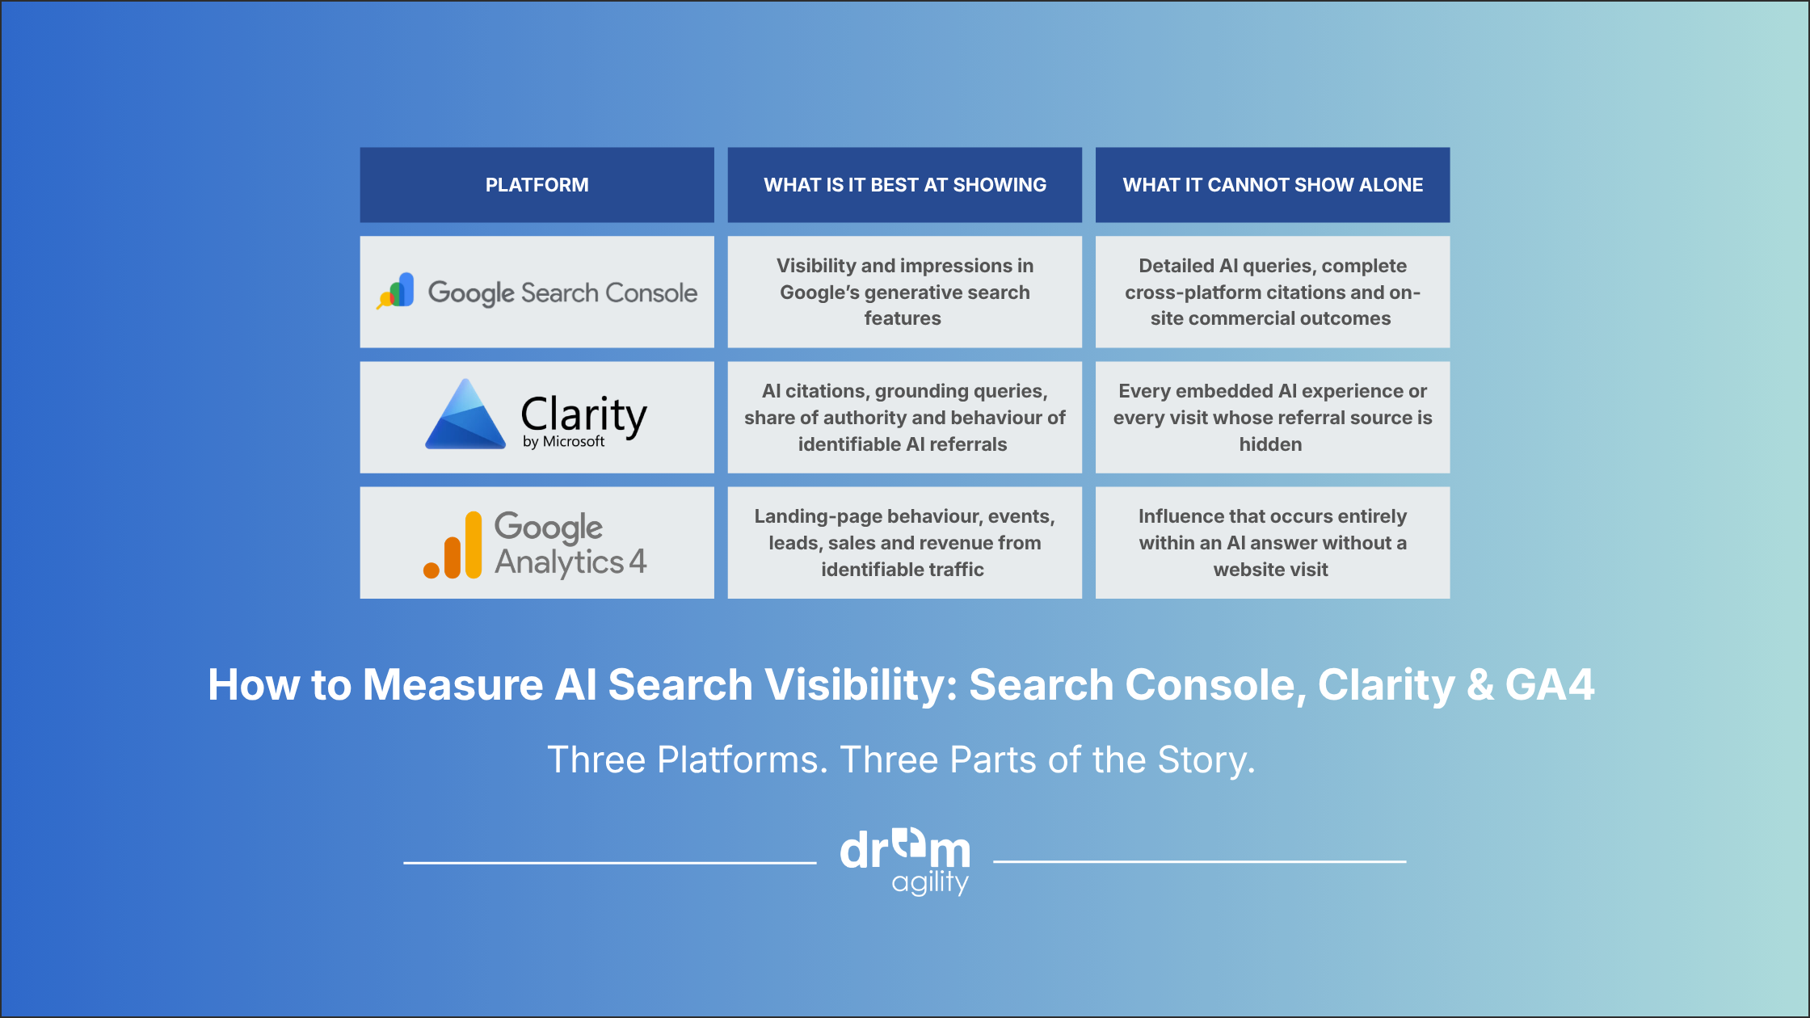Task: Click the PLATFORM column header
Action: pyautogui.click(x=537, y=185)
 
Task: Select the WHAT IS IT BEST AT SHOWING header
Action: pyautogui.click(x=904, y=185)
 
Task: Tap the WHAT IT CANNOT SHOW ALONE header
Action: pyautogui.click(x=1273, y=185)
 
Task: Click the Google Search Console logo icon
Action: pyautogui.click(x=396, y=291)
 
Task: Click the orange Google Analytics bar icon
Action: pyautogui.click(x=452, y=545)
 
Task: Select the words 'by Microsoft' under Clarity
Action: pyautogui.click(x=563, y=442)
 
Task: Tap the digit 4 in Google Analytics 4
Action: pyautogui.click(x=638, y=561)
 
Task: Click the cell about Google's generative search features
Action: pyautogui.click(x=904, y=292)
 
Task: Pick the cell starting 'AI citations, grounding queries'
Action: pyautogui.click(x=904, y=417)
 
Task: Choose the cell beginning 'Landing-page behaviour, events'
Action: pyautogui.click(x=904, y=542)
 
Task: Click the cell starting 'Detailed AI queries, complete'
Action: pyautogui.click(x=1273, y=292)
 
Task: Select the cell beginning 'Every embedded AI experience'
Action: pyautogui.click(x=1273, y=417)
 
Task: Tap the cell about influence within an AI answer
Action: pyautogui.click(x=1273, y=542)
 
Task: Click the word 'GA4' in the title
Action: pyautogui.click(x=1550, y=684)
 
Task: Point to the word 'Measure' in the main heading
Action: pyautogui.click(x=452, y=684)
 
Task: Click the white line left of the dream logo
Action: pyautogui.click(x=610, y=862)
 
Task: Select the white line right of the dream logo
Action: pyautogui.click(x=1200, y=862)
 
